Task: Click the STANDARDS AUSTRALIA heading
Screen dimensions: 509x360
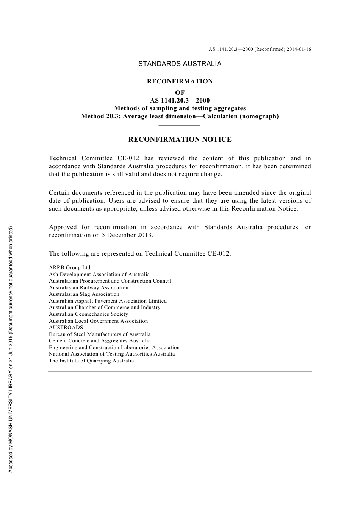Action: coord(180,64)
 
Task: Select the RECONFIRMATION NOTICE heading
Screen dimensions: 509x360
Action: coord(180,139)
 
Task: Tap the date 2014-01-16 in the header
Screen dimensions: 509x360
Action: coord(299,49)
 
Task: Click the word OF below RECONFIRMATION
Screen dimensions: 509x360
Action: coord(180,92)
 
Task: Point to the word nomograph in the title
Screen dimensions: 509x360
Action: coord(259,116)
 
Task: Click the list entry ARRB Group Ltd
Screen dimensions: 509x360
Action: coord(69,268)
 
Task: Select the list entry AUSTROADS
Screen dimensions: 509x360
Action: coord(66,328)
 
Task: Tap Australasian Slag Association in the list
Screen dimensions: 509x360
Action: coord(84,294)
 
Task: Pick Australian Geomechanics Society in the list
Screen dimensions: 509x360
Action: coord(88,314)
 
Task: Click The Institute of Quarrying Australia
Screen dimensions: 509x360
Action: coord(91,361)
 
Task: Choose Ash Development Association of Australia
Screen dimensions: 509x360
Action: coord(99,275)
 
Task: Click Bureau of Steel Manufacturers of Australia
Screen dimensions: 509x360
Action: coord(100,334)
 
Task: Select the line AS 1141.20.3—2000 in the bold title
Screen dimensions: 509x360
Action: coord(180,101)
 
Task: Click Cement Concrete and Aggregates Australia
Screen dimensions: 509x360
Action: coord(100,341)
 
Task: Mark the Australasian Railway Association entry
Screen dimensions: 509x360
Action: coord(88,288)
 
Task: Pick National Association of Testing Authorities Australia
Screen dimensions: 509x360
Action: coord(112,354)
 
